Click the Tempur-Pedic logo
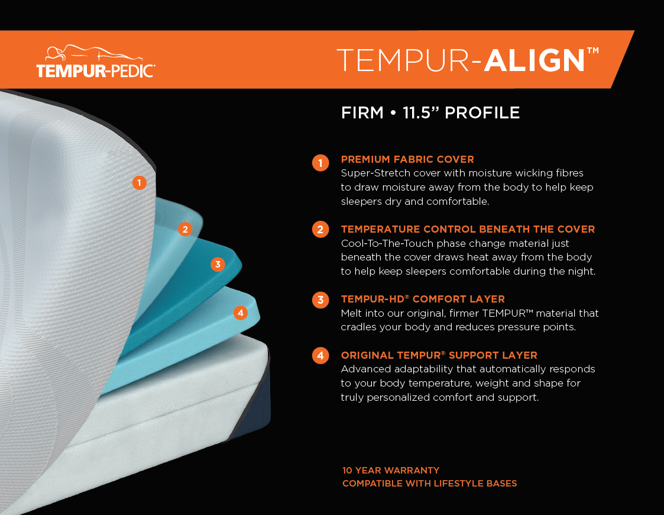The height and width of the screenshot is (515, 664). (96, 62)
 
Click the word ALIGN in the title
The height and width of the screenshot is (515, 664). (535, 60)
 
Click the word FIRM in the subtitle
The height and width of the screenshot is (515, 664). (362, 112)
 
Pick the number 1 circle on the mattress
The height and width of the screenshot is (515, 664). (139, 183)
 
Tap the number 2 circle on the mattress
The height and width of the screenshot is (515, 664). (185, 229)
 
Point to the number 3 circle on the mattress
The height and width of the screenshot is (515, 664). (218, 264)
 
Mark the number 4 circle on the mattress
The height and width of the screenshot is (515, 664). (240, 313)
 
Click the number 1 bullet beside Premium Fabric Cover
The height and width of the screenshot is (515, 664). (320, 163)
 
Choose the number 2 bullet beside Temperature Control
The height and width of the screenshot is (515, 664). (320, 229)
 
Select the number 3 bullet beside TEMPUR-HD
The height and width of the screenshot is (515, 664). (320, 300)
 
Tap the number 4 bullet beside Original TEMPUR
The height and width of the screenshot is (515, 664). (320, 356)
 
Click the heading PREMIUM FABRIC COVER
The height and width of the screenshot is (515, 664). (407, 159)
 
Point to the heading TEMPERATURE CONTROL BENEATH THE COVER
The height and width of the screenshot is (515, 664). (468, 229)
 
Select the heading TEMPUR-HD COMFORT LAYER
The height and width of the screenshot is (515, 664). (423, 299)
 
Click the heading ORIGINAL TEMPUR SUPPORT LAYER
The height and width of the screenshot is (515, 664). (439, 355)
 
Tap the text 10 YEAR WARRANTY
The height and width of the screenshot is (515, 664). (391, 470)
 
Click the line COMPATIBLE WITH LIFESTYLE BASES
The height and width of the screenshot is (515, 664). (429, 484)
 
